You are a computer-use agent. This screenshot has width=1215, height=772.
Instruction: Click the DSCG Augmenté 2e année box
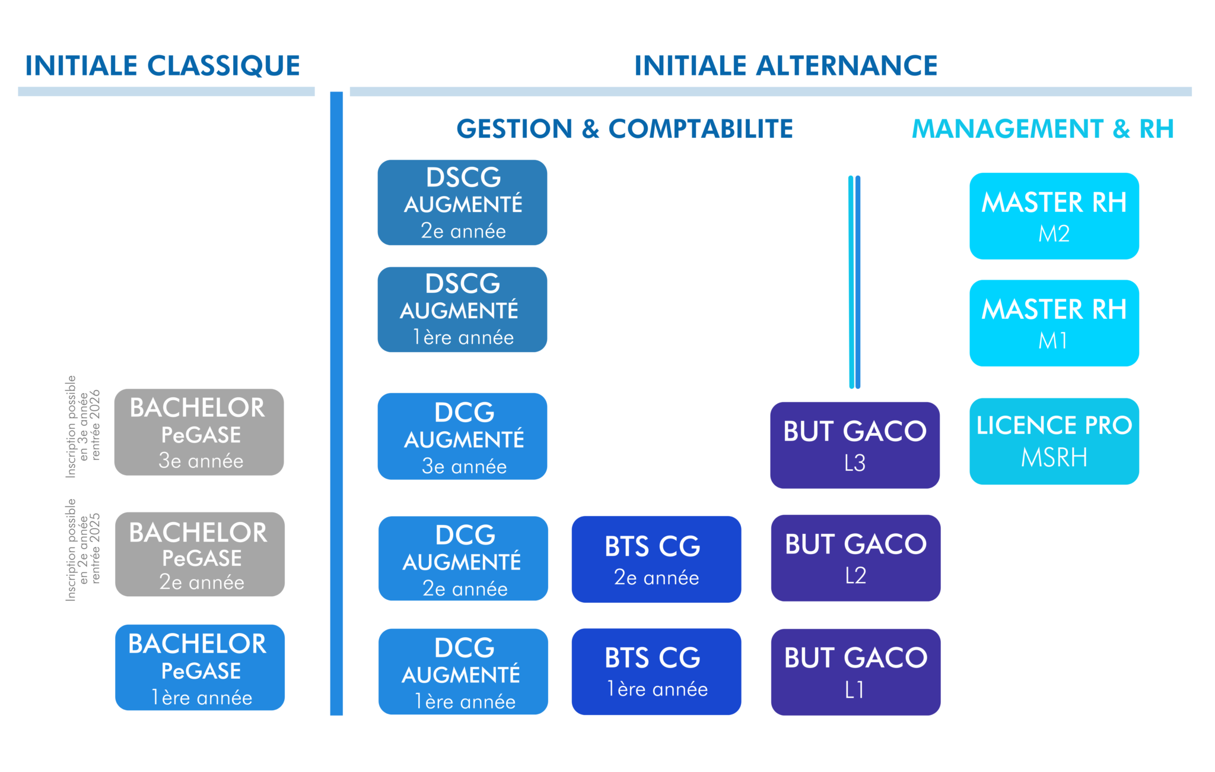(462, 203)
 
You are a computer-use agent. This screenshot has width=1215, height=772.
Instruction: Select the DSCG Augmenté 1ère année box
(462, 309)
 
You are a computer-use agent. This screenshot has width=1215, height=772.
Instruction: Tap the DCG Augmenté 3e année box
(462, 436)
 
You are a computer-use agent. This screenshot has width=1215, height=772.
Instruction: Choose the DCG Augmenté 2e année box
(463, 558)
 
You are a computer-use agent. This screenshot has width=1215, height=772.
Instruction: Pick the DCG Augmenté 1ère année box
(463, 672)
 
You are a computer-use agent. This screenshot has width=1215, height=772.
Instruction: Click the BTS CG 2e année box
(656, 559)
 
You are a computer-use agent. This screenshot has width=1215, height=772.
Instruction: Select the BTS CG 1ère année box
(656, 672)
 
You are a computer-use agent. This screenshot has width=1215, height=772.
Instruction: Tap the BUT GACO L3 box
(855, 445)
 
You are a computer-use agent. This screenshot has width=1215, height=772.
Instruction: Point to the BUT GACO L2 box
(855, 558)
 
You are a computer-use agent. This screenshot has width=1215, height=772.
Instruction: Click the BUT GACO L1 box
(855, 672)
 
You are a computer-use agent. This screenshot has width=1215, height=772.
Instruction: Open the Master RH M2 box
(1054, 216)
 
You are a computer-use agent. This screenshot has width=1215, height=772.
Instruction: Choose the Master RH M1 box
(1054, 323)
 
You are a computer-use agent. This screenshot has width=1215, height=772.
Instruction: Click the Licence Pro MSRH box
(1054, 441)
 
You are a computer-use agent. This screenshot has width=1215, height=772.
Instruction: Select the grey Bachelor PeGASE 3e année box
(199, 432)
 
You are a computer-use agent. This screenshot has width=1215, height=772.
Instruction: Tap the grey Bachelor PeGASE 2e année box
(200, 555)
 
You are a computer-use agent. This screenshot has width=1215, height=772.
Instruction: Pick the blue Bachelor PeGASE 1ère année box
(200, 667)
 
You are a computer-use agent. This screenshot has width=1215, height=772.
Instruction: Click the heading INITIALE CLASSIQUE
(163, 65)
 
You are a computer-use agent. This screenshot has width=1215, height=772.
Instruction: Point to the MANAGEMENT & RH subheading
(1042, 129)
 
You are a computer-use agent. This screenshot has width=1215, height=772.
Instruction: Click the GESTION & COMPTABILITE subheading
(624, 129)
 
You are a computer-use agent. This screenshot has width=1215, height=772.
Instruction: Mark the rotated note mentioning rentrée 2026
(83, 426)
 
